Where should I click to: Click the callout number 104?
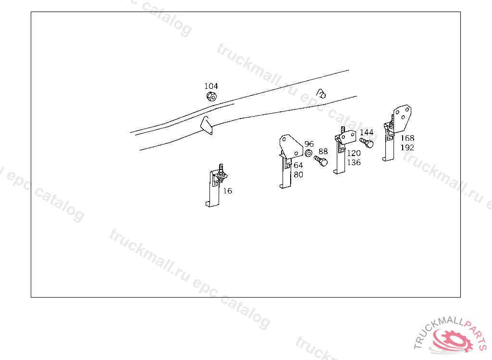click(211, 86)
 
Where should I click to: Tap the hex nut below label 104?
click(211, 96)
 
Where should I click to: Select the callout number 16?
click(227, 191)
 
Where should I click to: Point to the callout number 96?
click(309, 144)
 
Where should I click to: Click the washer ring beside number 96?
click(308, 153)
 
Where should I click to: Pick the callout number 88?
click(323, 152)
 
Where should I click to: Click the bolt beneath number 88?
click(321, 161)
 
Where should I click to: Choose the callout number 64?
click(298, 165)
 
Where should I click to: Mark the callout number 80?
click(298, 175)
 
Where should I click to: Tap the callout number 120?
click(354, 153)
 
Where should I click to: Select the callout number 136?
click(354, 162)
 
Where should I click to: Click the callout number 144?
click(367, 132)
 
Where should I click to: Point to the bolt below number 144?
click(367, 143)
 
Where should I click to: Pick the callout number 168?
click(407, 138)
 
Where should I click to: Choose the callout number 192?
click(407, 147)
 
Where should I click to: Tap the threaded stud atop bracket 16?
click(221, 168)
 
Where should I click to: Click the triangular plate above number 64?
click(290, 146)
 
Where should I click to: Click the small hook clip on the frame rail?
click(321, 93)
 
